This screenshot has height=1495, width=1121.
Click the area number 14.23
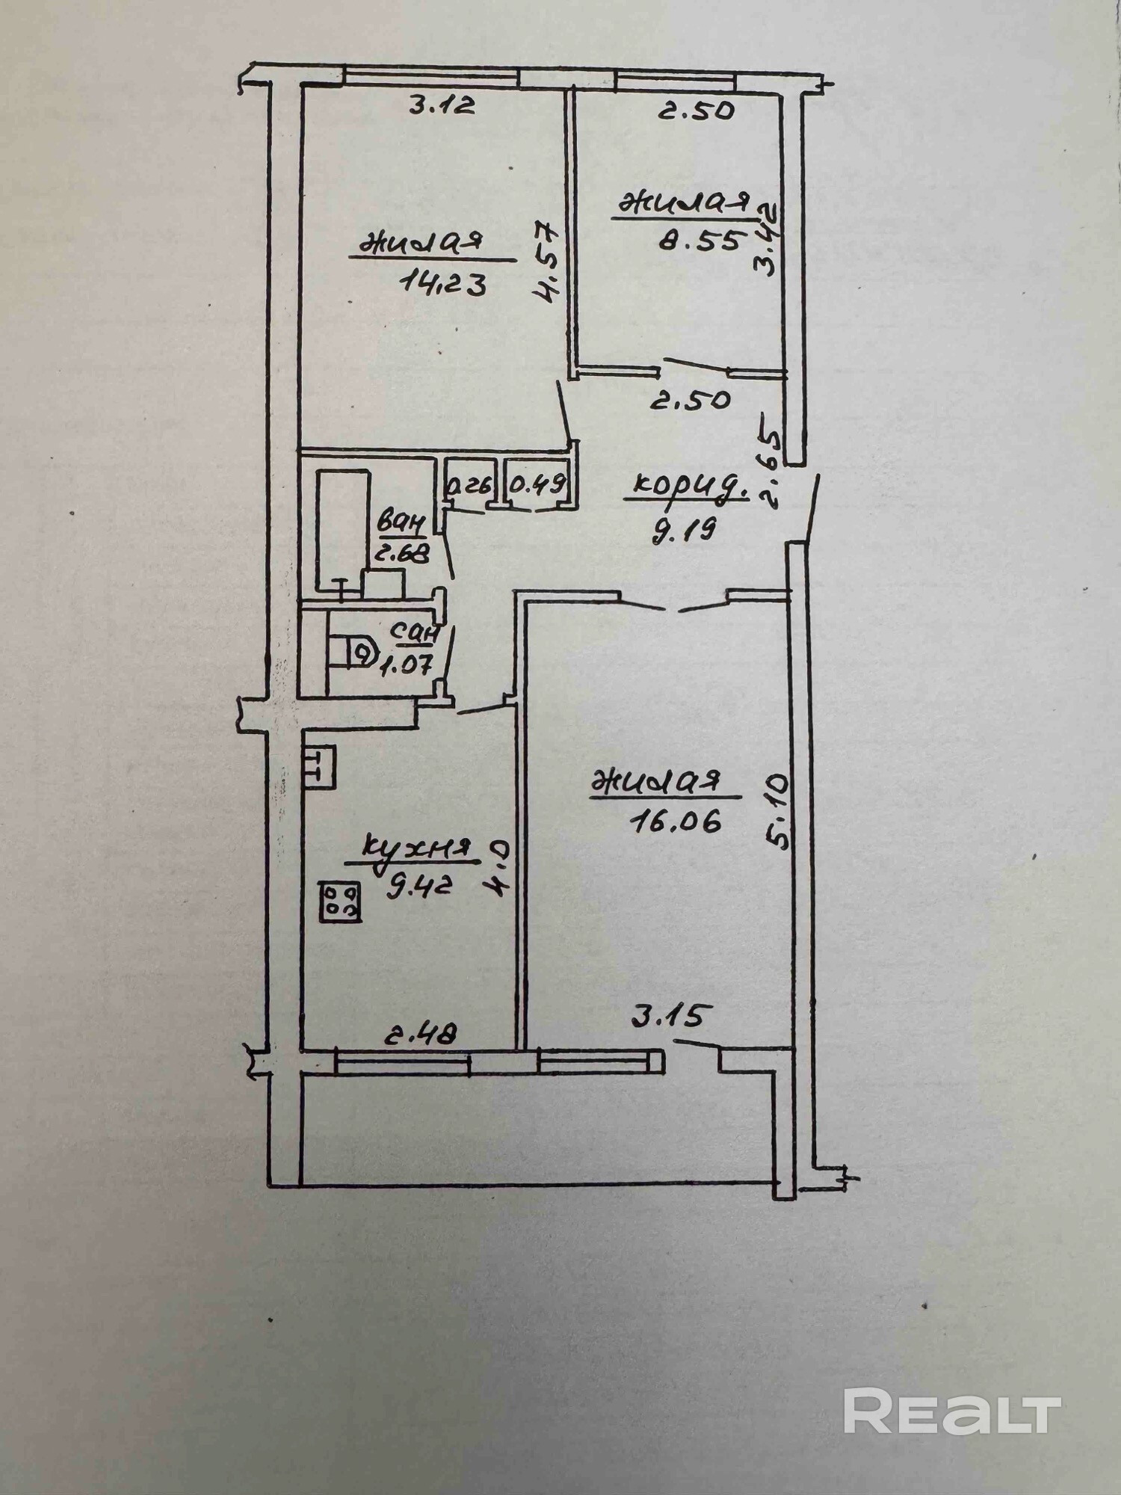pos(444,283)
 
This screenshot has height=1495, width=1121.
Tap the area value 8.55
pos(701,240)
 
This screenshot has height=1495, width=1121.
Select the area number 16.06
pos(665,822)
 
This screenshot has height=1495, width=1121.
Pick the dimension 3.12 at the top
pos(442,107)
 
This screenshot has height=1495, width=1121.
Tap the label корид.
pos(690,487)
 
